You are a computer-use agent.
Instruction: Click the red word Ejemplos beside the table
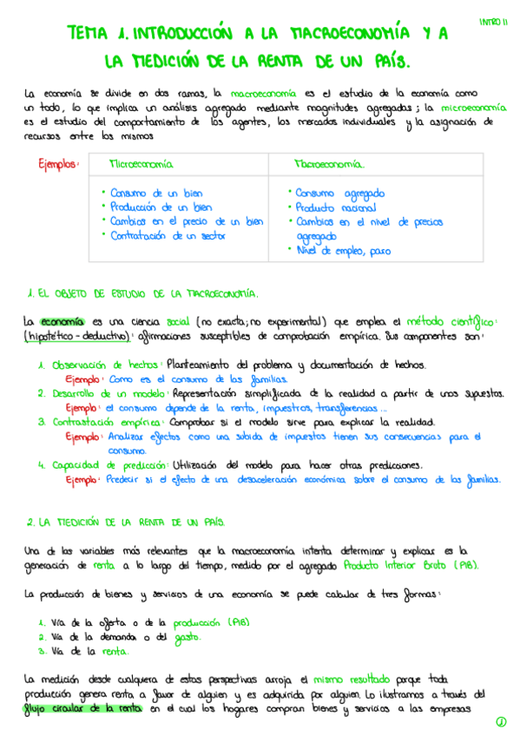pos(58,165)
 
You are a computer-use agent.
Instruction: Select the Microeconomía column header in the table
pos(140,164)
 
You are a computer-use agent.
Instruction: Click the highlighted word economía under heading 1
pos(63,320)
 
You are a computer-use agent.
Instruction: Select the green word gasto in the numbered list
pos(186,637)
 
